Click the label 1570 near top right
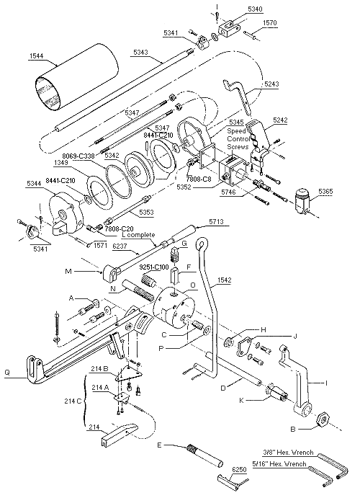[270, 23]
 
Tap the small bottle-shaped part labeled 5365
[302, 201]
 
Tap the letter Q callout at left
[7, 373]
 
